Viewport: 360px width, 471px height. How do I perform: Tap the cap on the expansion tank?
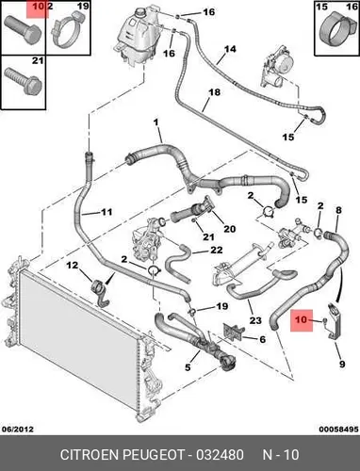pyautogui.click(x=140, y=14)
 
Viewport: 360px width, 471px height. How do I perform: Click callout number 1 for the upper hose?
pyautogui.click(x=156, y=122)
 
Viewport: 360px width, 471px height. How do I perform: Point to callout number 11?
pyautogui.click(x=106, y=212)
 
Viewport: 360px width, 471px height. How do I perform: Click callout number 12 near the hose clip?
pyautogui.click(x=73, y=266)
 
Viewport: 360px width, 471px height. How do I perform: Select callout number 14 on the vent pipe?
pyautogui.click(x=230, y=49)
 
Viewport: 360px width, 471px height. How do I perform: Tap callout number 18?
pyautogui.click(x=214, y=92)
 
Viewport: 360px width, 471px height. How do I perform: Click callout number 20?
pyautogui.click(x=229, y=229)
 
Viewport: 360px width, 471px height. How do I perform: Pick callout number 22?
pyautogui.click(x=216, y=250)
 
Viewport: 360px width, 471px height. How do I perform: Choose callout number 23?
pyautogui.click(x=255, y=320)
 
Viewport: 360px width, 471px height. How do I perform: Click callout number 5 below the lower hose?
pyautogui.click(x=188, y=366)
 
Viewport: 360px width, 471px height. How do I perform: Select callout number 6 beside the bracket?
pyautogui.click(x=262, y=339)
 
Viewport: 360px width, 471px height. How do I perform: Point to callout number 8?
pyautogui.click(x=338, y=210)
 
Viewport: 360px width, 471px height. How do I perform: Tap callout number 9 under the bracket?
pyautogui.click(x=342, y=364)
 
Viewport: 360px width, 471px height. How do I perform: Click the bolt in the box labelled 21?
pyautogui.click(x=24, y=81)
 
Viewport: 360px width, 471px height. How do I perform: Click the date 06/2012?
pyautogui.click(x=18, y=429)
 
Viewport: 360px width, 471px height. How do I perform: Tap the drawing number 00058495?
pyautogui.click(x=339, y=429)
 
